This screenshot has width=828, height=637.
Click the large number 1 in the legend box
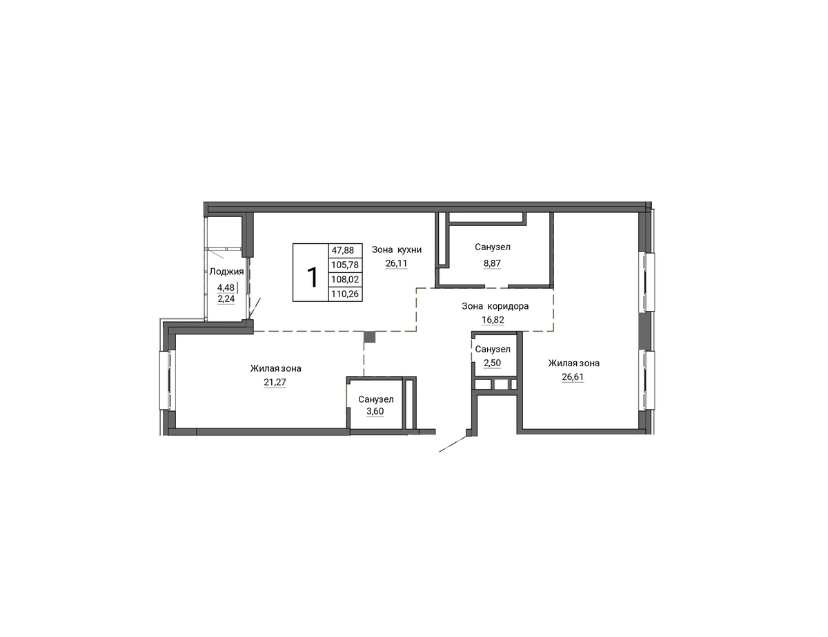tap(312, 277)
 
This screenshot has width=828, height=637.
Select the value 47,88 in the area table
tap(342, 250)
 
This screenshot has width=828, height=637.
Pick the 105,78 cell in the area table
tap(345, 265)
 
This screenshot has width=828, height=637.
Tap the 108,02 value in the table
tap(345, 279)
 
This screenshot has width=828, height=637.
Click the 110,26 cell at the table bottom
tap(345, 294)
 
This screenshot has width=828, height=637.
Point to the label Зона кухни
tap(397, 250)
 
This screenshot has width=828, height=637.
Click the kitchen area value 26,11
tap(396, 263)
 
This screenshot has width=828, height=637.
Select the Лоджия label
tap(226, 272)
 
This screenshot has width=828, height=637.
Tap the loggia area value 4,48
tap(226, 287)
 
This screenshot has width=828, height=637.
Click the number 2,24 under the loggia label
tap(226, 298)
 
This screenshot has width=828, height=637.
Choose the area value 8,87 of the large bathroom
tap(492, 263)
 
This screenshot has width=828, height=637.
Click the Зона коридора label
tap(495, 306)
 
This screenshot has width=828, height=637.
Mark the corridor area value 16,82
tap(493, 320)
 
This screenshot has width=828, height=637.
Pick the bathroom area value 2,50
tap(492, 363)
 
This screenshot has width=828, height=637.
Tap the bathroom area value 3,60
tap(375, 411)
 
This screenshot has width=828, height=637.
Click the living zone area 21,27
tap(275, 382)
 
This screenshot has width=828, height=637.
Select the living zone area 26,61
tap(573, 377)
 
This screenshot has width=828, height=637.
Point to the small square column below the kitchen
tap(370, 337)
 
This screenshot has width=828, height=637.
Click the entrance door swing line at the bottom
tap(453, 444)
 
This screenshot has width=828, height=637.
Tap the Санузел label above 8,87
tap(492, 247)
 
